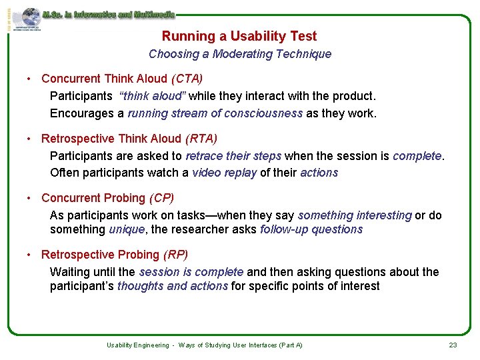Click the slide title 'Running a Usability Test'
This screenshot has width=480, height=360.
click(239, 37)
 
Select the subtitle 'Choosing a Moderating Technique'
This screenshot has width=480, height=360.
click(239, 54)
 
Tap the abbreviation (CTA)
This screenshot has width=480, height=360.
click(187, 79)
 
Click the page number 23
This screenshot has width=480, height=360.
click(453, 345)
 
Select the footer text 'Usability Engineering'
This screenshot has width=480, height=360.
click(137, 345)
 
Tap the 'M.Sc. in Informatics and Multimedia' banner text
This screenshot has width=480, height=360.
click(108, 14)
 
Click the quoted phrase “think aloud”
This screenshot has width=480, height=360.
click(153, 96)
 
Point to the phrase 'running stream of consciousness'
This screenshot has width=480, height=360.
click(215, 113)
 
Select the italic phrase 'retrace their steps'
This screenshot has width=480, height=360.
click(233, 156)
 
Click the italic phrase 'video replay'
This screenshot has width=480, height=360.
click(224, 173)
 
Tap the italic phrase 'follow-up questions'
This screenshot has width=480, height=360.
click(311, 229)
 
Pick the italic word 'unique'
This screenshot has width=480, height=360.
click(126, 229)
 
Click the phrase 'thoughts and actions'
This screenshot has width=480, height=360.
click(172, 286)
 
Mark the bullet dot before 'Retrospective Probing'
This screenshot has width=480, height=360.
click(29, 255)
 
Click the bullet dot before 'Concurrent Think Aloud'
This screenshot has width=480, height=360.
click(29, 79)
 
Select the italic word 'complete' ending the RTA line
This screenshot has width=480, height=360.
click(417, 156)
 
